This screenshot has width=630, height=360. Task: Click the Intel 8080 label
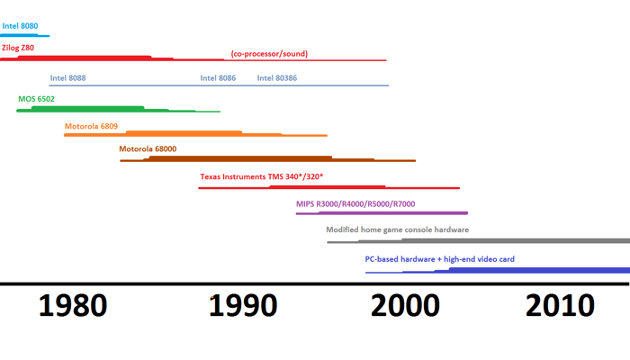pos(20,27)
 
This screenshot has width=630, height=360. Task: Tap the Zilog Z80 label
pos(18,48)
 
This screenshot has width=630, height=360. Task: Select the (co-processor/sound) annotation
pos(269,54)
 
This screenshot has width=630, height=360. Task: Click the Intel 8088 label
pos(68,78)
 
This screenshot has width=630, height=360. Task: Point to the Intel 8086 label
pos(218,78)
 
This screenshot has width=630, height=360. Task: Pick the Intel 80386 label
pos(277,78)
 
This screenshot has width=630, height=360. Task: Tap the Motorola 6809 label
pos(91,127)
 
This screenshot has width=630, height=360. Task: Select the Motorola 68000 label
pos(148,149)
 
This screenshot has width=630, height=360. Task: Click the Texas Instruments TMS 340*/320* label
pos(261,176)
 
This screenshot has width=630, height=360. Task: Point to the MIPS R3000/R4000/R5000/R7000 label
pos(355,204)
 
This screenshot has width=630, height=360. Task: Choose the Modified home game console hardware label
pos(397,229)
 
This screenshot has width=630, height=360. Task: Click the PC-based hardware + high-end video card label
pos(439,259)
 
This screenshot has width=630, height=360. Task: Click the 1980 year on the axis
pos(73,305)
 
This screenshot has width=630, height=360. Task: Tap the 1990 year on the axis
pos(243,305)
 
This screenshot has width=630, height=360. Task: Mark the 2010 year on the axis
pos(560,305)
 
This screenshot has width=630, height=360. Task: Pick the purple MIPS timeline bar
pos(382,213)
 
